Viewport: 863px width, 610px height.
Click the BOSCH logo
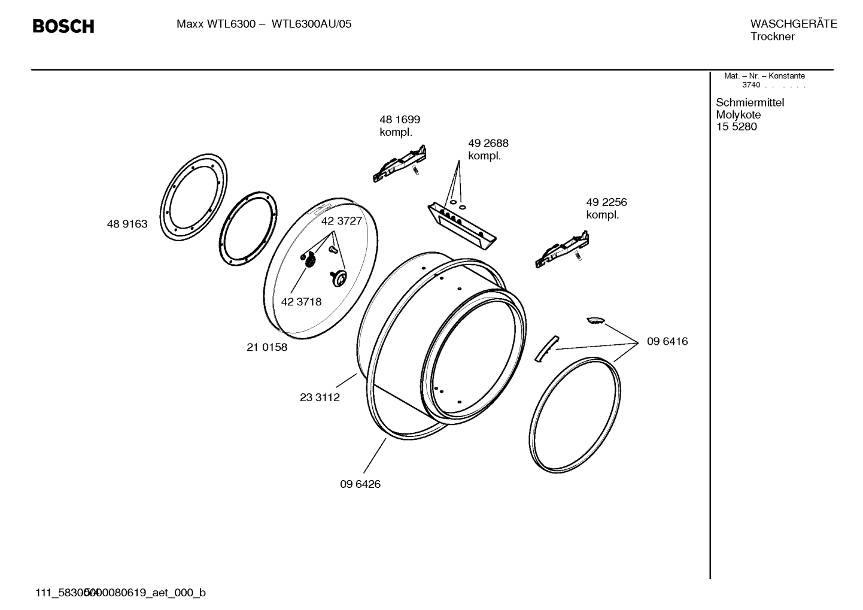tap(63, 26)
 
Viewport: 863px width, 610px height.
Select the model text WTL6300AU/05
tap(311, 24)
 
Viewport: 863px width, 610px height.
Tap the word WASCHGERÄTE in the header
tap(793, 24)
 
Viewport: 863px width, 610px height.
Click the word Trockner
tap(772, 37)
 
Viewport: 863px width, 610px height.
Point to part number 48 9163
tap(127, 224)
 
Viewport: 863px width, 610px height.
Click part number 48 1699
tap(400, 120)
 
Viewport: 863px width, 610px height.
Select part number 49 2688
tap(488, 144)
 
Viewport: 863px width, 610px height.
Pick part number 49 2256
tap(606, 202)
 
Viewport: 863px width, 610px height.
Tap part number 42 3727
tap(342, 221)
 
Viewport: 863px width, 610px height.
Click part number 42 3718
tap(301, 302)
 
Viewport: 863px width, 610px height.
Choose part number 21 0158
tap(267, 347)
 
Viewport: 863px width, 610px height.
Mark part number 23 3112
tap(320, 397)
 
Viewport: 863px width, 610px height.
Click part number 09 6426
tap(360, 484)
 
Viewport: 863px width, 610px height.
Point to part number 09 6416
tap(667, 341)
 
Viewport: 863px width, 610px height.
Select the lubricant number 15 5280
tap(736, 127)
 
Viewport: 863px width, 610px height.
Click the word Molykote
tap(738, 115)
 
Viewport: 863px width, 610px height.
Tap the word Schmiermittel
tap(749, 102)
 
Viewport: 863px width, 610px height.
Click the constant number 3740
tap(750, 85)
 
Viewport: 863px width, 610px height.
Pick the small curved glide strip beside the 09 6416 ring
tap(545, 348)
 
